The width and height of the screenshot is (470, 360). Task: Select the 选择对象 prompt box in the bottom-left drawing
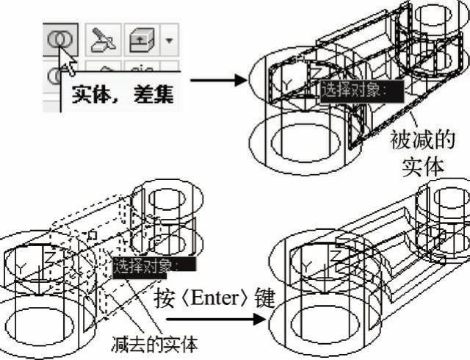pos(147,266)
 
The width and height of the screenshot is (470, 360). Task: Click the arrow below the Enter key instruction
pos(213,320)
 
